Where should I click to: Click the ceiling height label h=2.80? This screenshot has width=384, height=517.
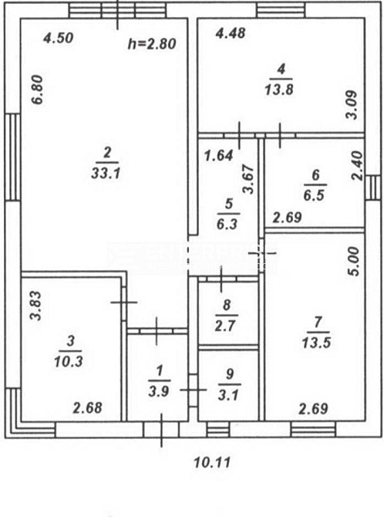point(152,44)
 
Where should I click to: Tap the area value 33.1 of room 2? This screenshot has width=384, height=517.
point(106,173)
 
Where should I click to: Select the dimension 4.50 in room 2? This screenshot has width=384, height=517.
point(59,38)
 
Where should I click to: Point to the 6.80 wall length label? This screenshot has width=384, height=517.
point(38,90)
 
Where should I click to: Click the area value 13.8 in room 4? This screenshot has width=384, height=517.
point(279,90)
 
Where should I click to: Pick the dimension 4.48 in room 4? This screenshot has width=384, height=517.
point(231,33)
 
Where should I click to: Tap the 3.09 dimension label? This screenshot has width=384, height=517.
point(352,104)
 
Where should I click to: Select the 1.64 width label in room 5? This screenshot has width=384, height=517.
point(219,155)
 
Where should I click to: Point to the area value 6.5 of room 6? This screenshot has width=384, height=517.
point(314,195)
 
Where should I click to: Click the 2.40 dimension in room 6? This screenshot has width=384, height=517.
point(357,166)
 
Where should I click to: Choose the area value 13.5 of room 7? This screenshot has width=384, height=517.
point(316,343)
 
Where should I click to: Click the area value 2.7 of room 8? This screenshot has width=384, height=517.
point(225,326)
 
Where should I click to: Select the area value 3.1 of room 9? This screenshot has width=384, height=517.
point(228,394)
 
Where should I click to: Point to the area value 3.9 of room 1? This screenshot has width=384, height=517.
point(159,391)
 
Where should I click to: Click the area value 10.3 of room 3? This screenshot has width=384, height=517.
point(69,362)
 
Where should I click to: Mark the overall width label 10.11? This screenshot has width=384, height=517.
point(212,462)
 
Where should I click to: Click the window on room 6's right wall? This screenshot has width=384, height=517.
point(372,188)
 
